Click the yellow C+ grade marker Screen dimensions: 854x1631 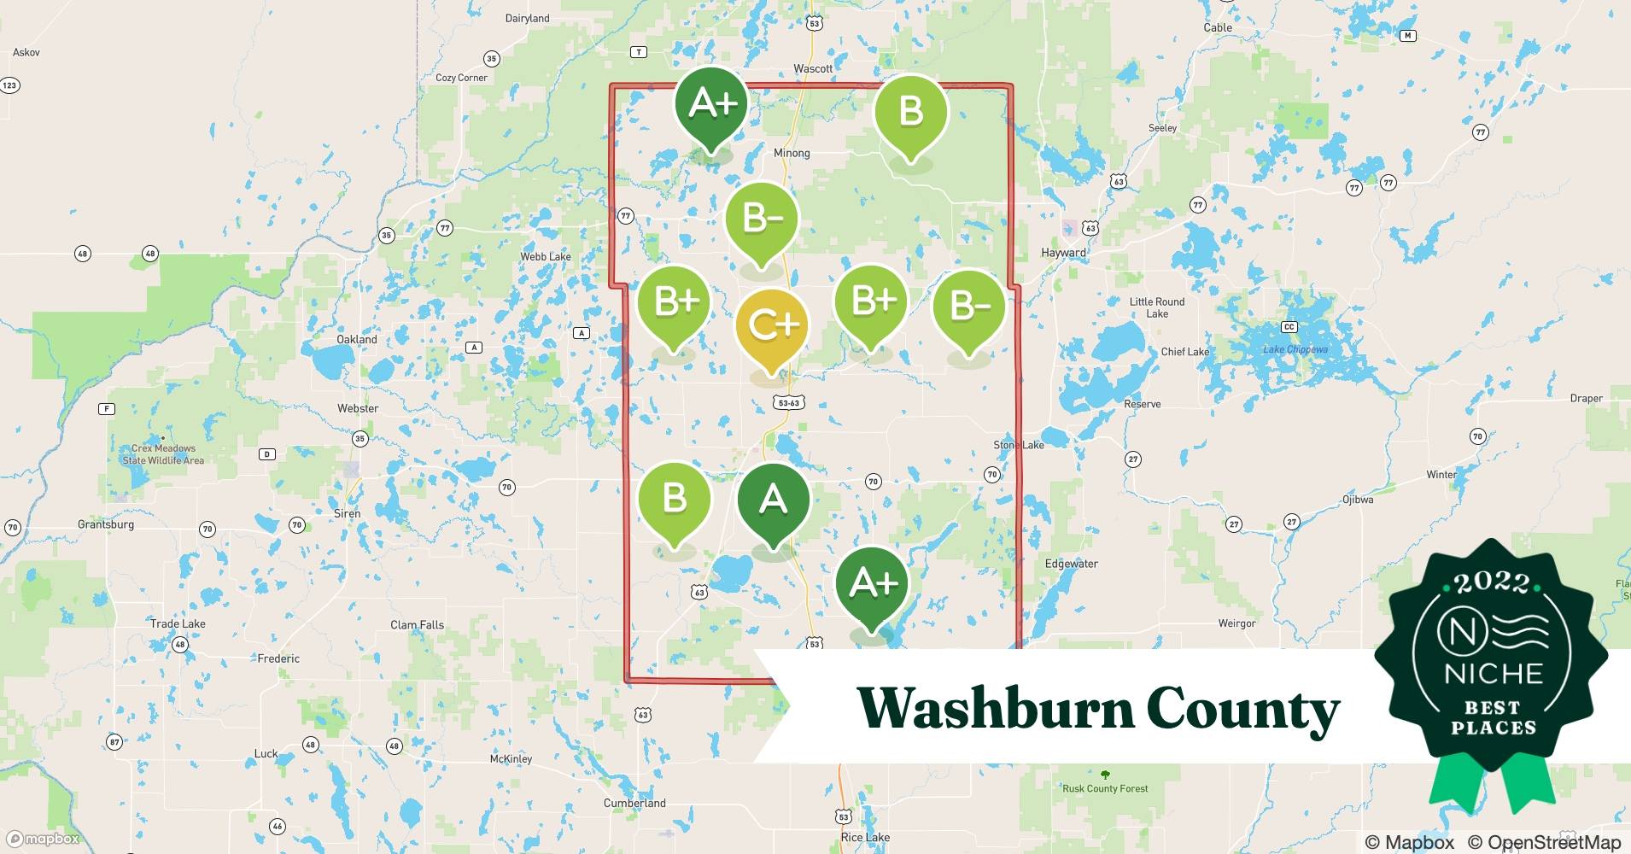click(x=773, y=325)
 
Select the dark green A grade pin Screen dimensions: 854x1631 click(x=773, y=500)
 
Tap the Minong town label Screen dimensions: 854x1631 click(x=792, y=153)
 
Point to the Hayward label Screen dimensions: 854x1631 click(x=1063, y=253)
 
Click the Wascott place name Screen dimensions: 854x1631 click(x=813, y=68)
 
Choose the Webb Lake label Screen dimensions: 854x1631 click(x=546, y=256)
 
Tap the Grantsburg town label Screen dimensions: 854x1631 click(x=106, y=524)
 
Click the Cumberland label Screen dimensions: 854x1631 click(x=634, y=803)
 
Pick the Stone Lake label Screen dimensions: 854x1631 click(x=1019, y=445)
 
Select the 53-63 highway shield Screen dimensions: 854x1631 click(x=789, y=402)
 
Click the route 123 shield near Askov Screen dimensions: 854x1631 click(x=9, y=85)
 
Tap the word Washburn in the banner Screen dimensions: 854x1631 click(x=995, y=709)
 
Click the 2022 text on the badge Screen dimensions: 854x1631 click(x=1492, y=583)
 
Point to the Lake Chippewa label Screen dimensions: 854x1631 click(x=1295, y=349)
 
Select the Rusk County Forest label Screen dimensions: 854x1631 click(x=1105, y=788)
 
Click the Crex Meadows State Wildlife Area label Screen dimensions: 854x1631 click(x=163, y=454)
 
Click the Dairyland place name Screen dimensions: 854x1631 click(x=528, y=18)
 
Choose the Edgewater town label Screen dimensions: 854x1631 click(x=1072, y=564)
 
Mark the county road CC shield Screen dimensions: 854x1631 click(x=1289, y=327)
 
